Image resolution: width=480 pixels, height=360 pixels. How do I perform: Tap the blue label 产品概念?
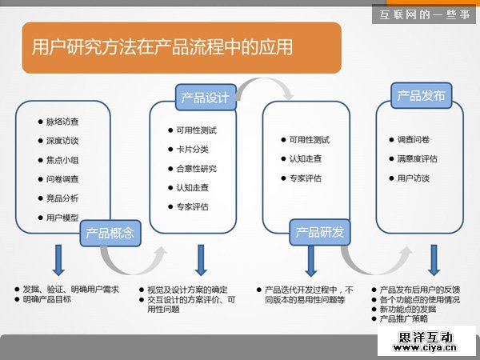coord(111,233)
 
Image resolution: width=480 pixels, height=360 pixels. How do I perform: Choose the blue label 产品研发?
coord(319,232)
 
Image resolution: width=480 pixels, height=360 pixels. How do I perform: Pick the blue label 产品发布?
coord(421,96)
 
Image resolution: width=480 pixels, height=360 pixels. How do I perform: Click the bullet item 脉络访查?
coord(62,122)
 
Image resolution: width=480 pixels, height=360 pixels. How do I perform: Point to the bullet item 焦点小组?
coord(62,160)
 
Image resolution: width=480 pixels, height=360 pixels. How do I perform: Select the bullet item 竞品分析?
coord(62,198)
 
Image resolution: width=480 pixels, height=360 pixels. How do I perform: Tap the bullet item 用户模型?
coord(62,218)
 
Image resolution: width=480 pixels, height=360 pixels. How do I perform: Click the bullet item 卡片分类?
coord(193,150)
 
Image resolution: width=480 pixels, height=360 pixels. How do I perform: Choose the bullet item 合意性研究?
coord(196,169)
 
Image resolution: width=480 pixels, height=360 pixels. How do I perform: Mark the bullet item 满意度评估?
coord(417,158)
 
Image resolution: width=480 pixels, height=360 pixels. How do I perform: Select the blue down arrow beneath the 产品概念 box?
coord(58,260)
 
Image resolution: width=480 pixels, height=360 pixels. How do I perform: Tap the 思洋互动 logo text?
coord(426,337)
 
